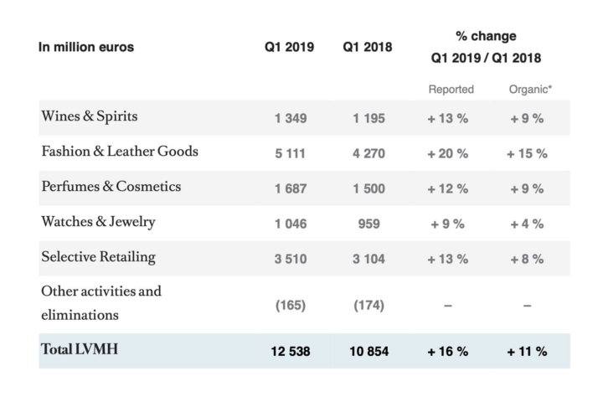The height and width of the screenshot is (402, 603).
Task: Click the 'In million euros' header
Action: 86,47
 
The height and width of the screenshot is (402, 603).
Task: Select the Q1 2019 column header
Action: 290,47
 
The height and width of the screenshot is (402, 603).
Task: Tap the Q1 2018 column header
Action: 368,47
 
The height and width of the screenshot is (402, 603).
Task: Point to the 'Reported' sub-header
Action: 450,89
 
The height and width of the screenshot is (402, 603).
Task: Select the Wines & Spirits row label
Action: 89,117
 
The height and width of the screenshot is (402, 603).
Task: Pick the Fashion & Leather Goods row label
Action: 119,152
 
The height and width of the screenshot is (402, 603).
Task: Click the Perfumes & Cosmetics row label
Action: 111,187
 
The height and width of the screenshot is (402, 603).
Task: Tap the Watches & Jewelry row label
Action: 98,222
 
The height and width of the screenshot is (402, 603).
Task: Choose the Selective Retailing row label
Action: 98,256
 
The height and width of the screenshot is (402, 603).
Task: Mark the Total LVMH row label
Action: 79,350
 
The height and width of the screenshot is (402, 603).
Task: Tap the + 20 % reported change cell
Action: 448,153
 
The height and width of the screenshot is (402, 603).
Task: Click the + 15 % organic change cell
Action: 527,153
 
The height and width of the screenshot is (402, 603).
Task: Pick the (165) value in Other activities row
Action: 290,306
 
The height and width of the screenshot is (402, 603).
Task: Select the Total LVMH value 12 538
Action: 290,352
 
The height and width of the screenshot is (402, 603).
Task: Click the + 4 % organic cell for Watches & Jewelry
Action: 527,224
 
